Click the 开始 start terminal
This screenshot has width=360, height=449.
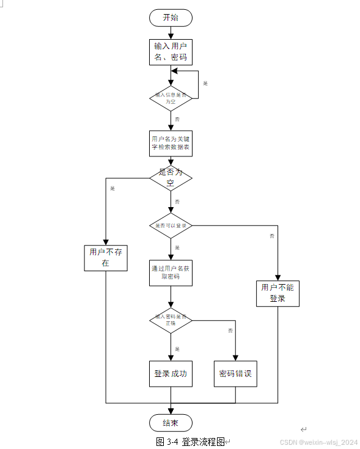pyautogui.click(x=171, y=18)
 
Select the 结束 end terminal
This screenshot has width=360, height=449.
pyautogui.click(x=171, y=423)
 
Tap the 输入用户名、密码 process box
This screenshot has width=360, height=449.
pyautogui.click(x=171, y=52)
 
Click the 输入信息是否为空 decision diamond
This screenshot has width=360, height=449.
pyautogui.click(x=171, y=98)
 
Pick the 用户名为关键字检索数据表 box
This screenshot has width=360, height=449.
pyautogui.click(x=171, y=143)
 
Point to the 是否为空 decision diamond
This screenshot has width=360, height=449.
pyautogui.click(x=171, y=177)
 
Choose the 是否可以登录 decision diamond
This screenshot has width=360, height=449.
pyautogui.click(x=171, y=225)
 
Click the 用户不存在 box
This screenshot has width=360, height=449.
pyautogui.click(x=106, y=257)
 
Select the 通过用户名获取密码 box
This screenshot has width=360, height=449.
pyautogui.click(x=171, y=272)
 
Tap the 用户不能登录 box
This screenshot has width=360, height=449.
pyautogui.click(x=277, y=293)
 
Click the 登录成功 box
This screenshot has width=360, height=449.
pyautogui.click(x=171, y=374)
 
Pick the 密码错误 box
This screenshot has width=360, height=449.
pyautogui.click(x=235, y=374)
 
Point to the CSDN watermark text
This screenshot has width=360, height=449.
pyautogui.click(x=318, y=442)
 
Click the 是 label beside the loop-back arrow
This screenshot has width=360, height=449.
pyautogui.click(x=205, y=83)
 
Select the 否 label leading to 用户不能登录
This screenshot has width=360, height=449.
pyautogui.click(x=271, y=235)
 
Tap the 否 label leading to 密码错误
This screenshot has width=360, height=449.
pyautogui.click(x=230, y=330)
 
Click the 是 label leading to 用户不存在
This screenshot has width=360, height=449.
pyautogui.click(x=112, y=188)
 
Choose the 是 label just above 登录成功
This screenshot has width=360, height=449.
pyautogui.click(x=177, y=349)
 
